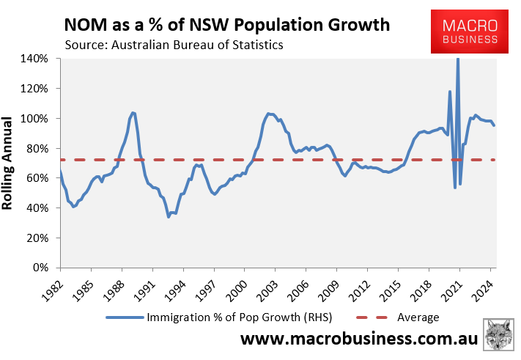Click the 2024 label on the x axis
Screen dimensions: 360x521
pos(484,287)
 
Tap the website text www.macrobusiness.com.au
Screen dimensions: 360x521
pos(359,341)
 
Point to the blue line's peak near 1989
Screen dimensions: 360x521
pos(133,113)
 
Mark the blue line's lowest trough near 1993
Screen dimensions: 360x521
pos(169,216)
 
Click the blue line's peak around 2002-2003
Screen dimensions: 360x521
pos(269,114)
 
